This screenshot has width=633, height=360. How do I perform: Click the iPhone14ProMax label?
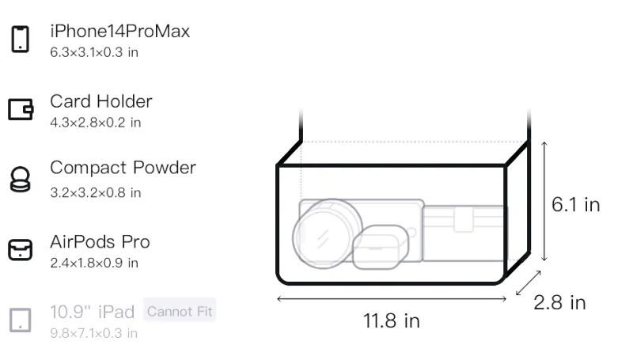120,32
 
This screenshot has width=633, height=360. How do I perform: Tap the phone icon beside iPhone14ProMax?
21,39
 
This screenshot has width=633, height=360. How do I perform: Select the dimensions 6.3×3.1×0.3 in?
94,52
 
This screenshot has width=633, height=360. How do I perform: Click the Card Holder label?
101,101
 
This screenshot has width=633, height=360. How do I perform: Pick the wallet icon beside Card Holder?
21,109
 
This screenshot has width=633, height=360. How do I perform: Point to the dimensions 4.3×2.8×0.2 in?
96,123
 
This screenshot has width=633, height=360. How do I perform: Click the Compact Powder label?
123,168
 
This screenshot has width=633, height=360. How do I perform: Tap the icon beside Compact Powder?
21,179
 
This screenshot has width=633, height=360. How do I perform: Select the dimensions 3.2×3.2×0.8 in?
96,192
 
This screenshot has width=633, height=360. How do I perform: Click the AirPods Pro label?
100,242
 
